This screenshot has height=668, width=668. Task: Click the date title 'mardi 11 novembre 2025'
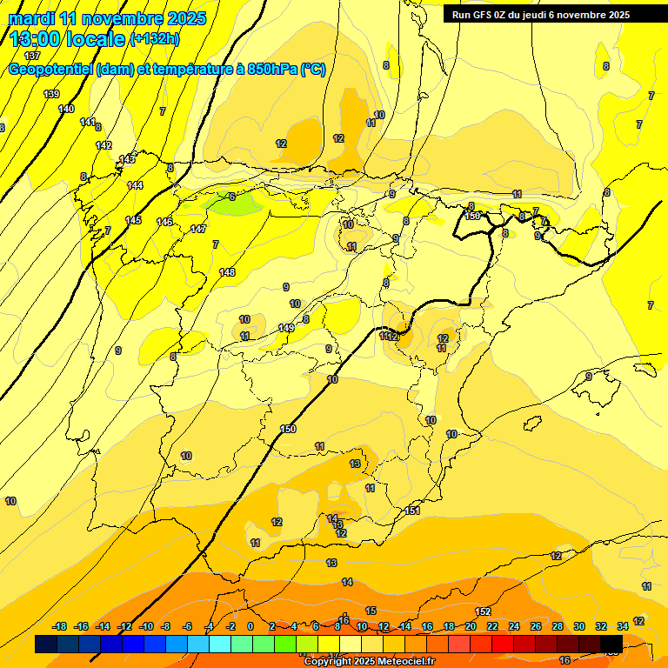(x=107, y=18)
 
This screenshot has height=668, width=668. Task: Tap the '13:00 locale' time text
(x=67, y=39)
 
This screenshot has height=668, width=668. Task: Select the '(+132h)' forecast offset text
(x=154, y=39)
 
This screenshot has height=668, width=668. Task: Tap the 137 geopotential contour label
(x=32, y=56)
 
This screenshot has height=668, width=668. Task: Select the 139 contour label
(x=51, y=94)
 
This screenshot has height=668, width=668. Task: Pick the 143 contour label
(x=127, y=159)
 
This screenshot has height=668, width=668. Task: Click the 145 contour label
(x=133, y=220)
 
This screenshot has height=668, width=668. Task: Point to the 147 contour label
(x=198, y=229)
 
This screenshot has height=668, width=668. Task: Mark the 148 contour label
(x=227, y=272)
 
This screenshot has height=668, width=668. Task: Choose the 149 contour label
(x=286, y=328)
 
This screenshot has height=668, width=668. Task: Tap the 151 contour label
(x=413, y=511)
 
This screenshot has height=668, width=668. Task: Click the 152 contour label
(x=484, y=611)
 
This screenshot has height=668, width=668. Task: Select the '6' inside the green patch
(x=232, y=197)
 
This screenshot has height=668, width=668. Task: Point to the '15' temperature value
(x=371, y=611)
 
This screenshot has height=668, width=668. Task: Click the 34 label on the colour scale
(x=623, y=626)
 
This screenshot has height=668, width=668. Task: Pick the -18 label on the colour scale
(x=60, y=626)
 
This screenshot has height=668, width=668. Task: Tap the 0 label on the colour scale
(x=250, y=626)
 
